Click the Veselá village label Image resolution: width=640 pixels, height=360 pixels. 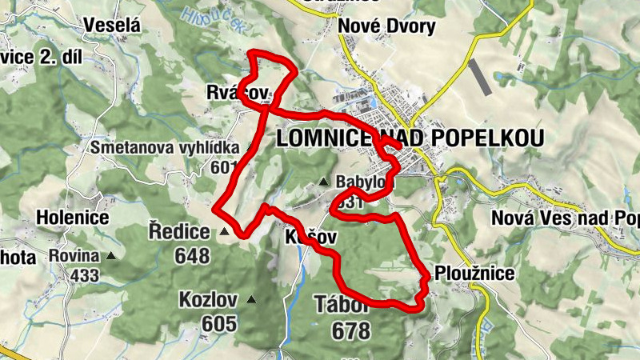point(112,26)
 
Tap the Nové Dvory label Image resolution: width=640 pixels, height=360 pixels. point(387,26)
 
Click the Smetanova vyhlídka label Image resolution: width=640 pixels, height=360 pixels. point(165,148)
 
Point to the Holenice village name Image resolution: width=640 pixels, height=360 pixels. point(72,217)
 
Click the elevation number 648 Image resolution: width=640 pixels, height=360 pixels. point(189,256)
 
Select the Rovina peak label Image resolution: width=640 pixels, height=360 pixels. point(74,256)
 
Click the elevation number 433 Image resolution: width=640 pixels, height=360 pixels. point(84,276)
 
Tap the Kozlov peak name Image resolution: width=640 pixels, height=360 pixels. point(209,301)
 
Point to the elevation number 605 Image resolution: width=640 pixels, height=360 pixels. point(219,324)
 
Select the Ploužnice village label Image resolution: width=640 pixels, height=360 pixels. point(475,274)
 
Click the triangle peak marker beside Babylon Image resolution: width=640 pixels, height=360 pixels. point(324,182)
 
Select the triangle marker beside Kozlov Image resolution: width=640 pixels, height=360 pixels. point(251,300)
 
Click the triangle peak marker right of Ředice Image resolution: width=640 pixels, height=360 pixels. point(225,233)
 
